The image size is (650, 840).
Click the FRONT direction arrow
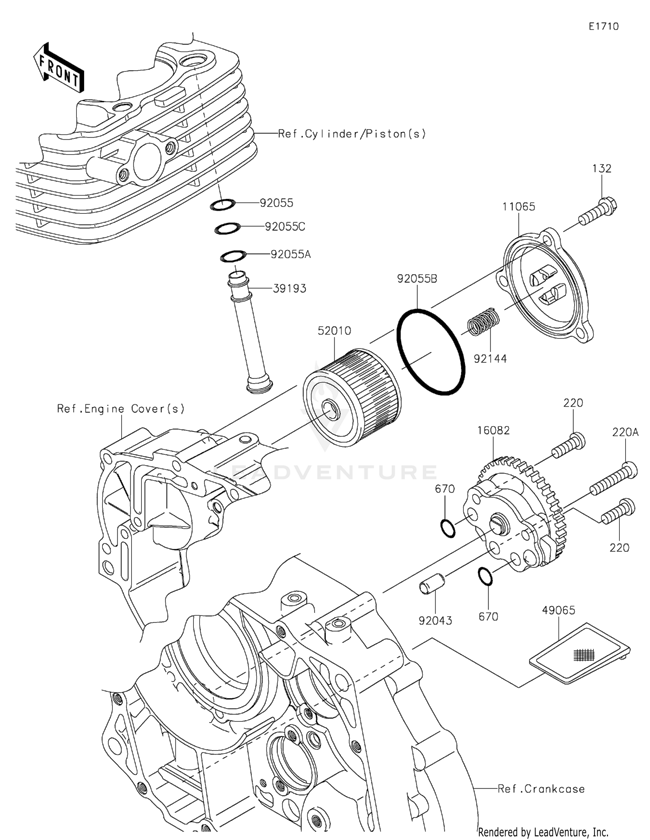pos(58,68)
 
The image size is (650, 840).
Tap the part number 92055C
pos(285,227)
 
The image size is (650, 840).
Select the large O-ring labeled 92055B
pos(430,352)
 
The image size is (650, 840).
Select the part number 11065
pos(519,207)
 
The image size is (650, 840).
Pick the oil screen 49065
pos(580,654)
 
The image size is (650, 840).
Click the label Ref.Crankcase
pos(541,789)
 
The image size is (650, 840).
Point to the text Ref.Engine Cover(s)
pos(121,409)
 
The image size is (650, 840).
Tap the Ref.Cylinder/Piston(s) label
pos(352,134)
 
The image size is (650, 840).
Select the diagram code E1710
pos(604,26)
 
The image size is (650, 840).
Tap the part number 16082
pos(493,430)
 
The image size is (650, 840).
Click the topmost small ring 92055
pos(223,205)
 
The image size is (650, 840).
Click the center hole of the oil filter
pos(331,410)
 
